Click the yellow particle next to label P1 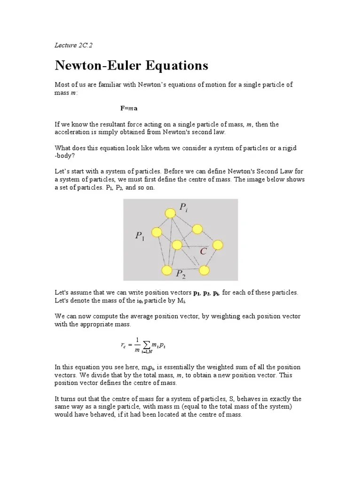tap(156, 232)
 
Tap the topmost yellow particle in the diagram tap(170, 213)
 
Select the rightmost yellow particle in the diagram tap(218, 245)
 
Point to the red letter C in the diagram tap(203, 252)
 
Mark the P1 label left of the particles tap(140, 236)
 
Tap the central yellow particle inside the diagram tap(177, 245)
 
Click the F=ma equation tap(129, 108)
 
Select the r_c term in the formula tap(124, 346)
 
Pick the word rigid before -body tap(290, 148)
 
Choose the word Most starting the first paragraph tap(63, 85)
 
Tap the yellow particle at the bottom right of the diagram tap(204, 270)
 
